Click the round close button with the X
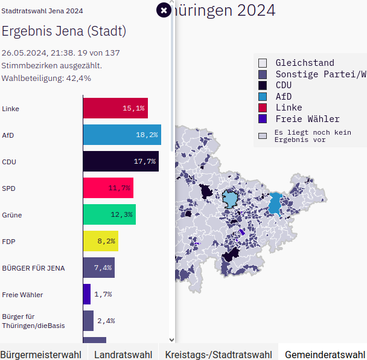point(164,10)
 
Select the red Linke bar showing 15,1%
point(115,108)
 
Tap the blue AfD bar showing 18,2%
point(122,135)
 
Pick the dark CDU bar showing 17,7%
point(121,161)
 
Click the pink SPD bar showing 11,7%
point(108,188)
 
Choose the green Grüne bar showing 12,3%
point(109,214)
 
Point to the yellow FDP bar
point(100,241)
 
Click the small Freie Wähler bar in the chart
point(87,294)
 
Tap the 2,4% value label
point(106,321)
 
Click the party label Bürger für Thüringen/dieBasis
point(33,321)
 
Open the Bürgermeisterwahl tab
point(40,354)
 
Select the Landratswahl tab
point(123,354)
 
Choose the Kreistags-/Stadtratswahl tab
point(219,354)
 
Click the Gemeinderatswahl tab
point(325,354)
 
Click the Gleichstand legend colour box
point(263,63)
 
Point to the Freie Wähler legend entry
point(307,119)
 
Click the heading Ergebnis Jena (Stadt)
point(64,31)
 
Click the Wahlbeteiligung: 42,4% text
point(46,78)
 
